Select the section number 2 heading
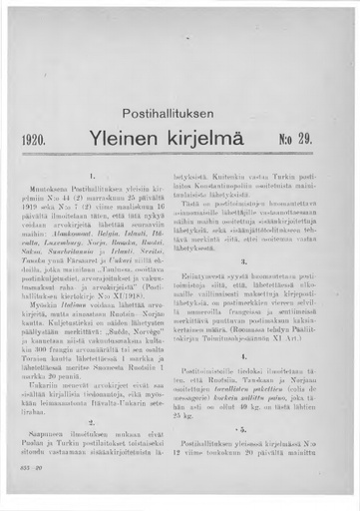click(93, 421)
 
